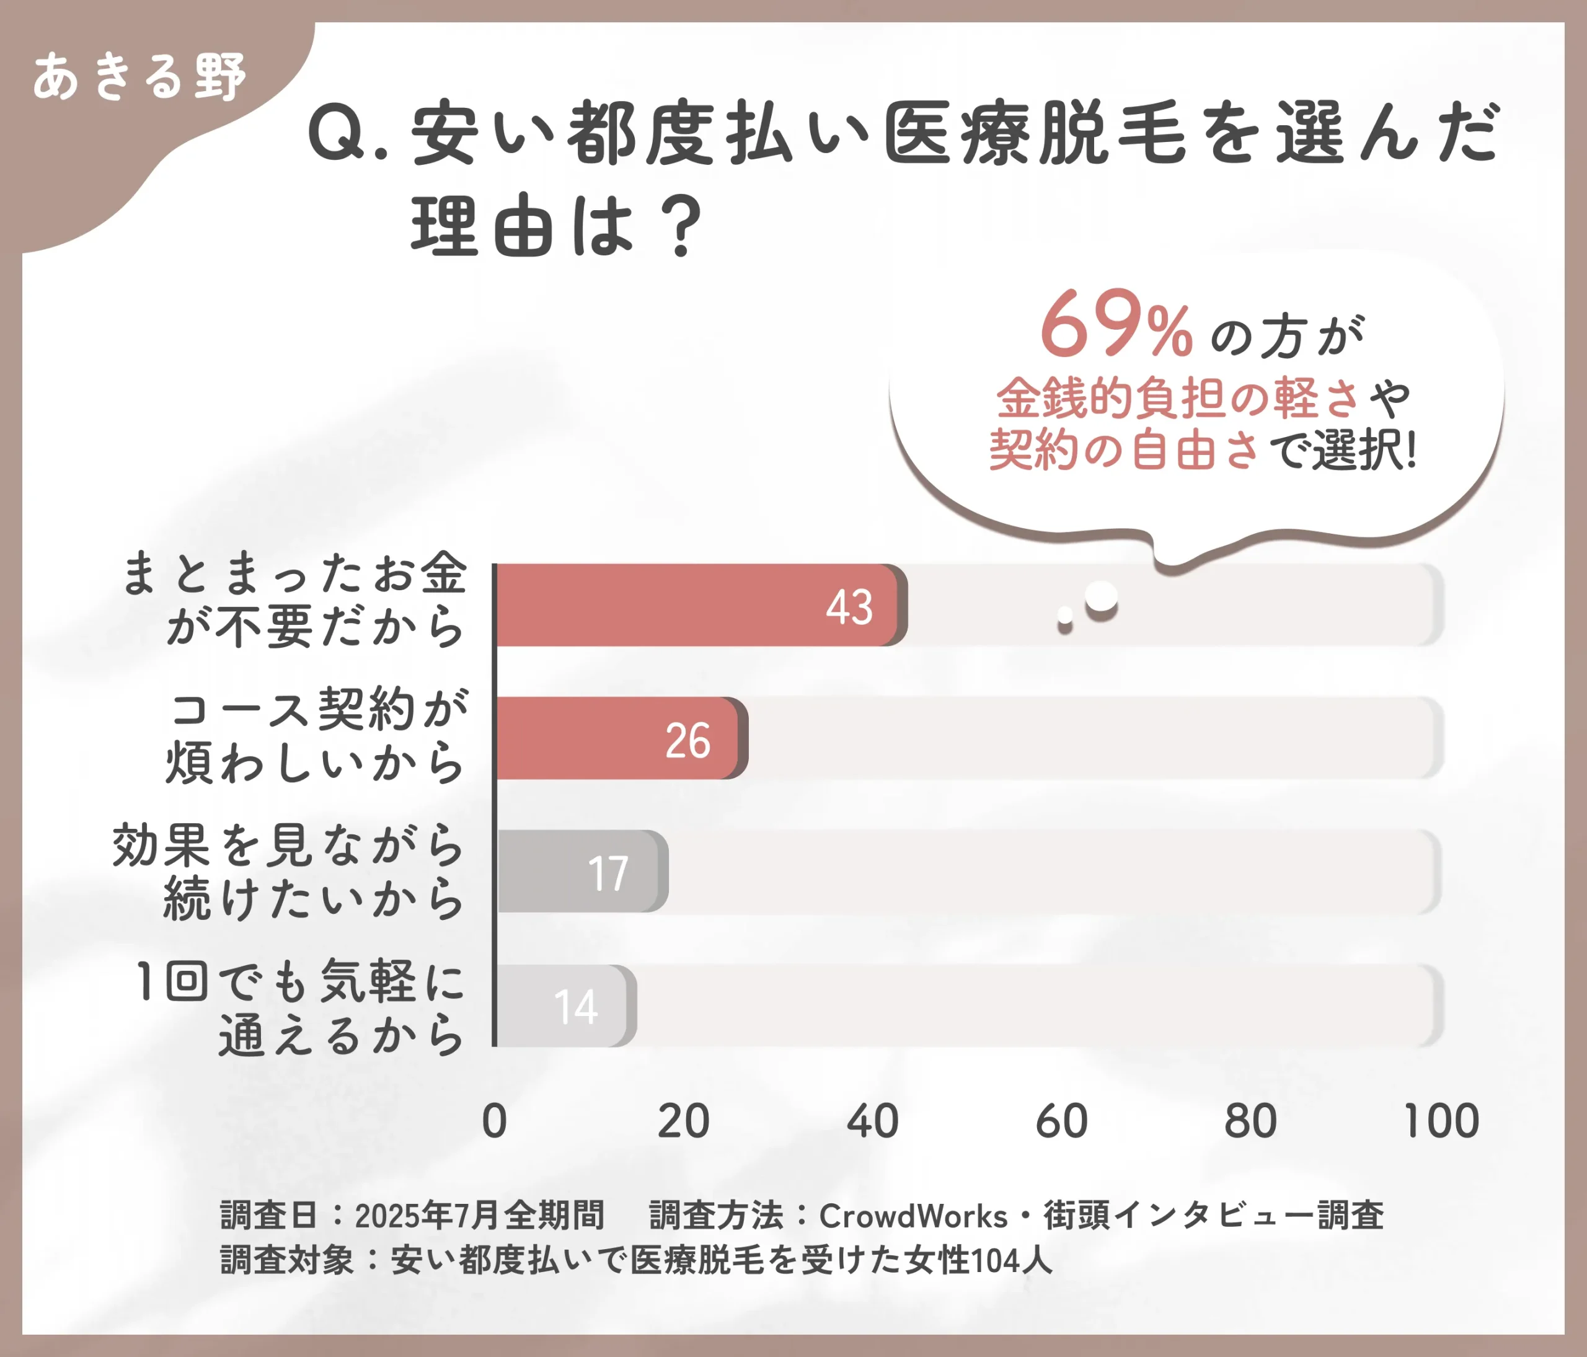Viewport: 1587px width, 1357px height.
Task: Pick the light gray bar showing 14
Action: click(564, 1006)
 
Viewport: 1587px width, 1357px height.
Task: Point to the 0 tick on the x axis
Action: click(494, 1121)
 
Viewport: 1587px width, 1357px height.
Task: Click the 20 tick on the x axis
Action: click(683, 1121)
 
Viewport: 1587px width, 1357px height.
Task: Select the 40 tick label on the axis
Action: click(872, 1121)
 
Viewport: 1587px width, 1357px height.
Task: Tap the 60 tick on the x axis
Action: click(1061, 1121)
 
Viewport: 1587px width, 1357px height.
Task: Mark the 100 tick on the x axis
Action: click(1441, 1121)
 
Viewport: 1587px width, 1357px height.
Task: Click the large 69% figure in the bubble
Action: click(1115, 325)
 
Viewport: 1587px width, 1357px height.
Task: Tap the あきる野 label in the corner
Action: click(139, 77)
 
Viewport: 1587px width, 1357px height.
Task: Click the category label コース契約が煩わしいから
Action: click(316, 735)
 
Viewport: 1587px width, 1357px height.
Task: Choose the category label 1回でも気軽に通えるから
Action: click(300, 1007)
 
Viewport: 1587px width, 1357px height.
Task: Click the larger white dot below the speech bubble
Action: click(1102, 598)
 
